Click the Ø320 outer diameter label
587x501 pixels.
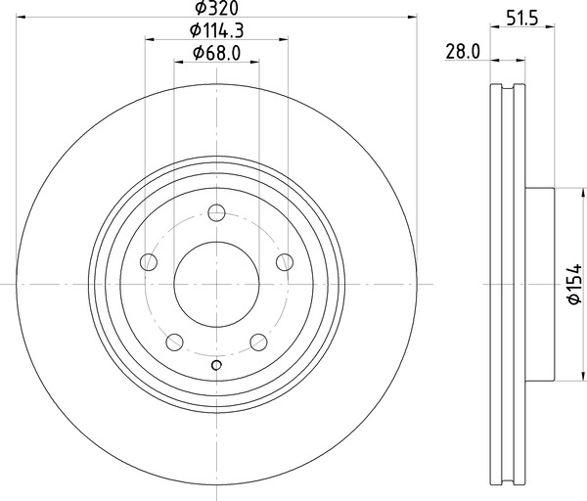(217, 9)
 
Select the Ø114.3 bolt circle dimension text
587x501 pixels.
(216, 30)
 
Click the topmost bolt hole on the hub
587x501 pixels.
(217, 214)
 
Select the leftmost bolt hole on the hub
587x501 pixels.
(149, 262)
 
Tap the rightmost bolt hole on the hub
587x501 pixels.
(286, 261)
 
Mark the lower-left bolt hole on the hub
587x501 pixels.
(175, 342)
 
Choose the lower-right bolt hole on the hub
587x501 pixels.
(259, 342)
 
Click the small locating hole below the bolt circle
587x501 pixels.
(217, 367)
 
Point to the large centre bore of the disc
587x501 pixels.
(217, 285)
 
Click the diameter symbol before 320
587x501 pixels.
(199, 9)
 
